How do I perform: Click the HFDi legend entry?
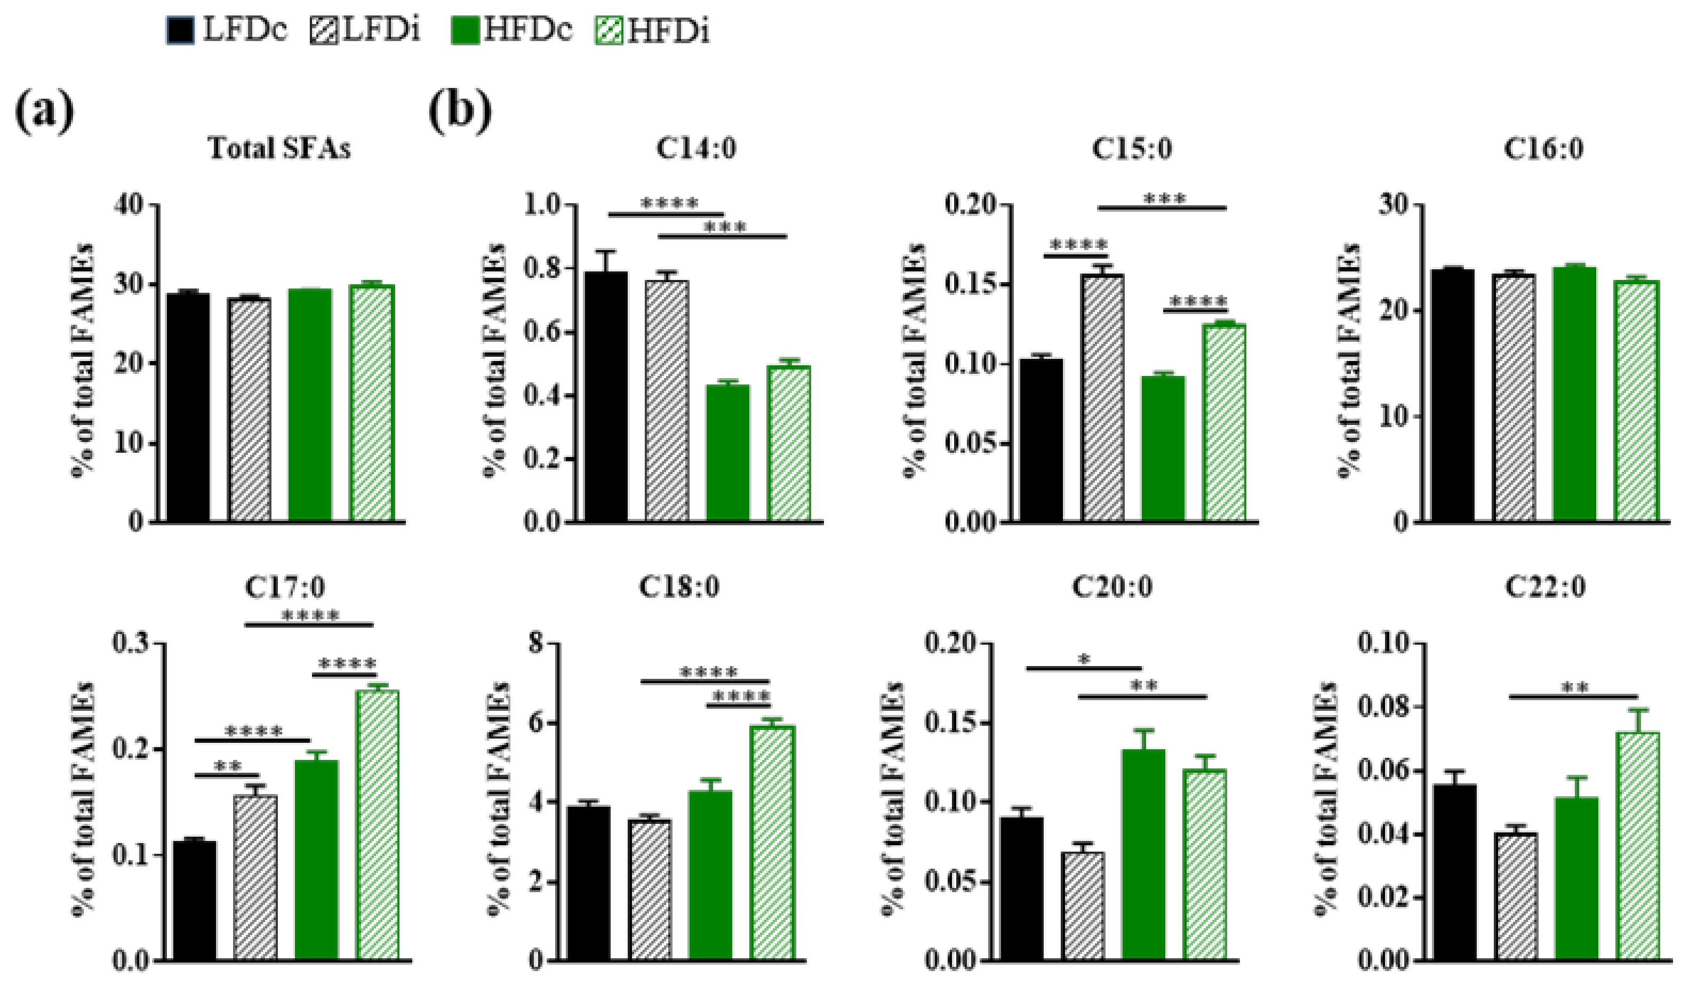[x=653, y=31]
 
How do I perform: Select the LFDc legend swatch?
[x=181, y=31]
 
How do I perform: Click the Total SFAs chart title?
[x=279, y=148]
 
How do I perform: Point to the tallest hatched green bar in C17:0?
[x=378, y=824]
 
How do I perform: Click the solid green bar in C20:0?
[x=1144, y=855]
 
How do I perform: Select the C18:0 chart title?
[x=679, y=587]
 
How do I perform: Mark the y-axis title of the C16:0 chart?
[x=1349, y=362]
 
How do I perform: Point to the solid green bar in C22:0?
[x=1576, y=878]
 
